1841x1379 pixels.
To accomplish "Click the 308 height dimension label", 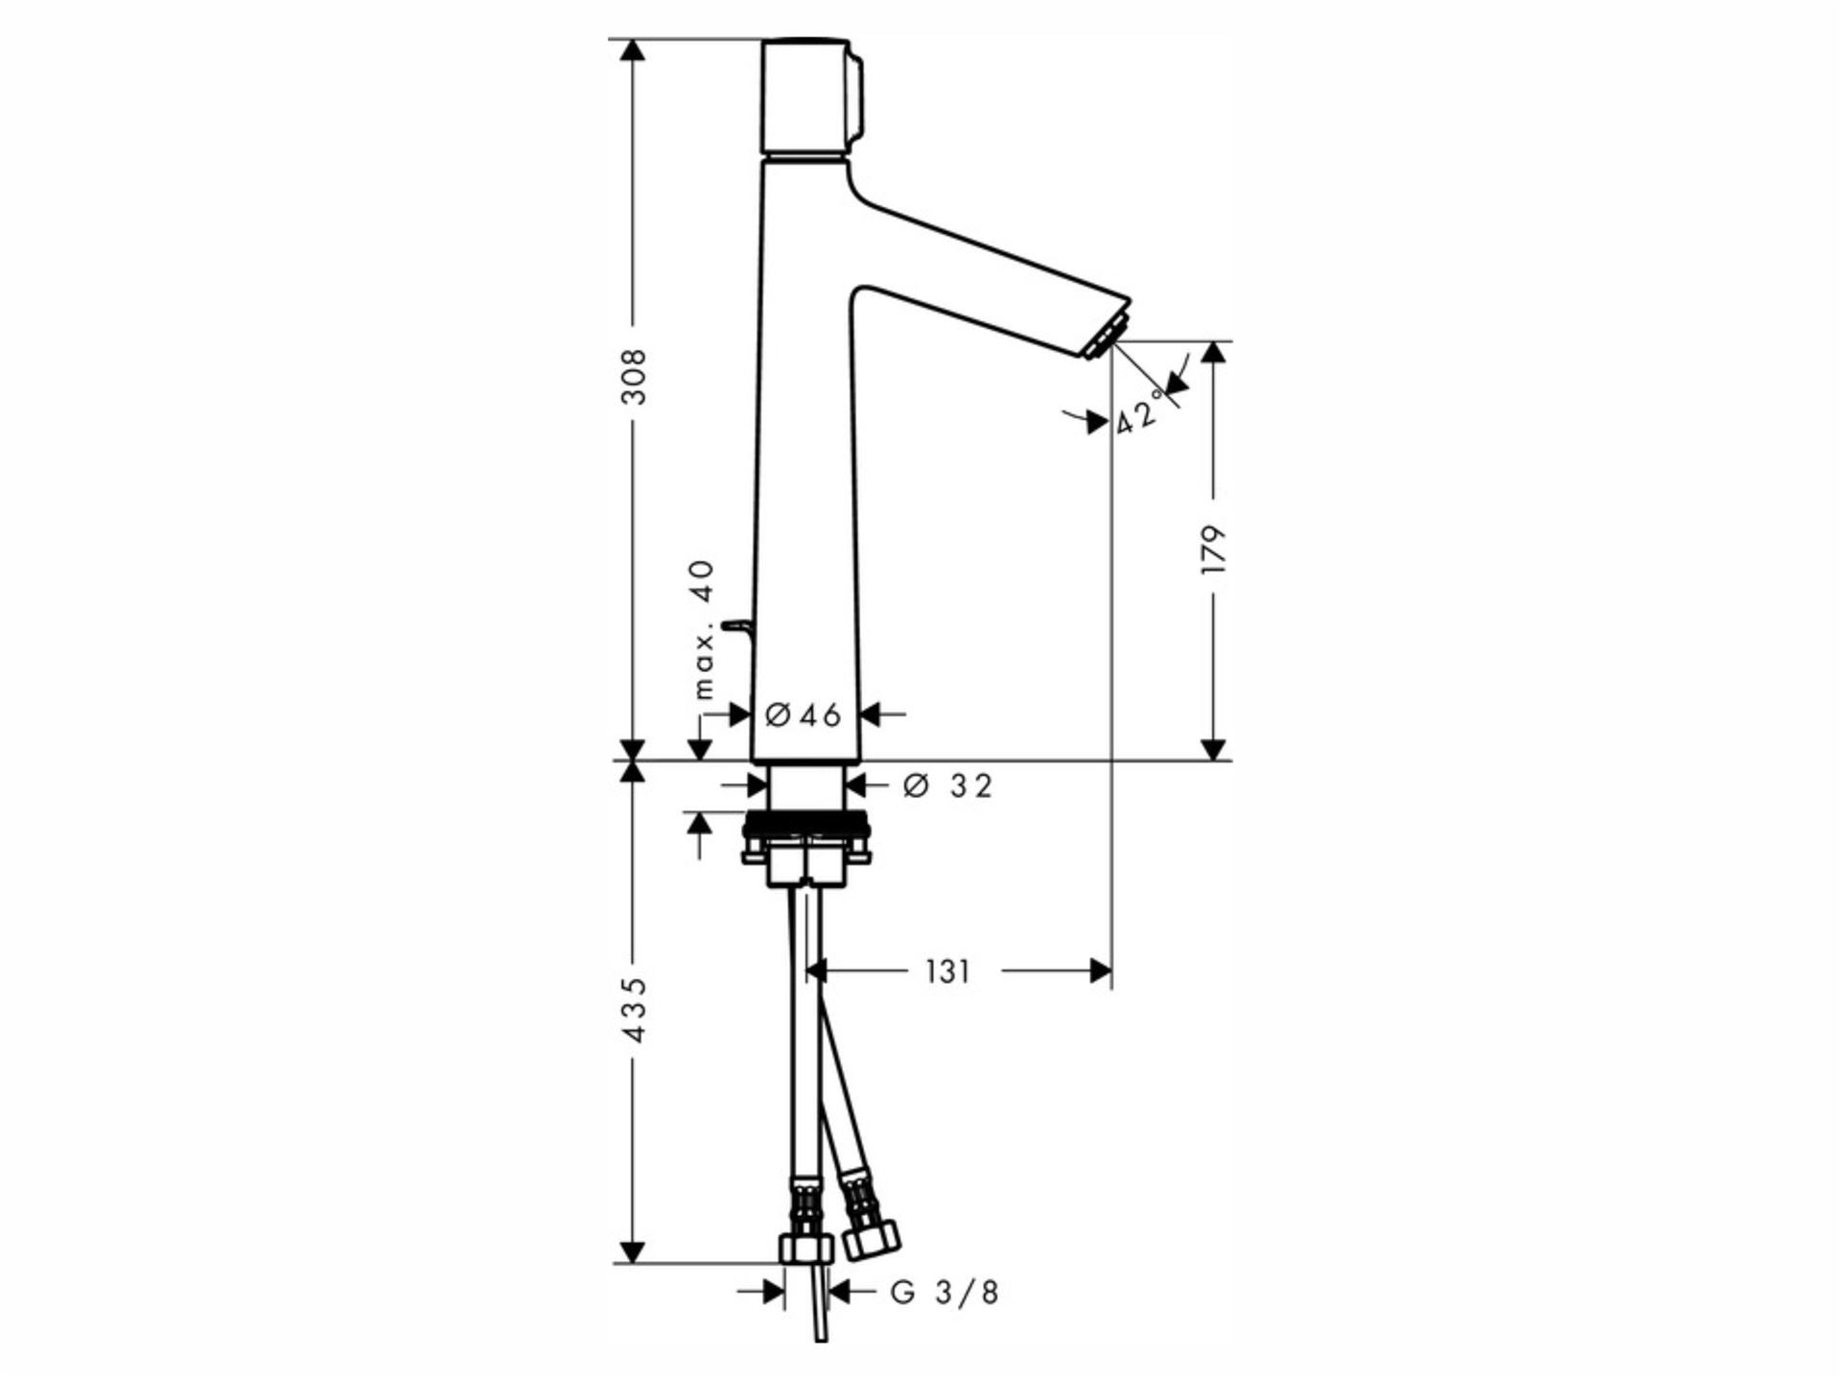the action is point(634,377).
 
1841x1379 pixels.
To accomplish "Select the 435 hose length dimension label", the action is point(634,1011).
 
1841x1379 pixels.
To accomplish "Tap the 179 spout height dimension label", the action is point(1214,549).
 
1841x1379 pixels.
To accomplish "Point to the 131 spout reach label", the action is point(947,972).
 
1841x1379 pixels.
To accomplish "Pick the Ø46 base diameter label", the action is point(804,714).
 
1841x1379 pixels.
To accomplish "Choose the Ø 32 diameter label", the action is point(947,786).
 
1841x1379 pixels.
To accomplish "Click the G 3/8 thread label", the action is point(944,1293).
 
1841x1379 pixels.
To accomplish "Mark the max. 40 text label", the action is point(705,629).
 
